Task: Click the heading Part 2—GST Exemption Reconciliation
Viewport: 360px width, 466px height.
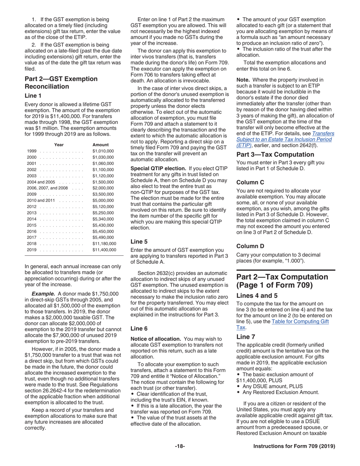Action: click(61, 83)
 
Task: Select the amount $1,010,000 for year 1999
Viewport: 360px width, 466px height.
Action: click(103, 151)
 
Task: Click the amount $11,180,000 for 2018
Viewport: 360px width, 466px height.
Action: click(104, 244)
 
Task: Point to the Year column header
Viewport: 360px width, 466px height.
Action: click(59, 145)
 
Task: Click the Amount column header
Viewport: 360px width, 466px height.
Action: click(100, 145)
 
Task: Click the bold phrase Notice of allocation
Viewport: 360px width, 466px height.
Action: click(155, 339)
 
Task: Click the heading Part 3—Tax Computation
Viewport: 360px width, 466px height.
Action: click(275, 155)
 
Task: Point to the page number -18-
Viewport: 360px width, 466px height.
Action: click(180, 446)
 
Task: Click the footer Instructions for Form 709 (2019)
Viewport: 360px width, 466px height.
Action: click(294, 446)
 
